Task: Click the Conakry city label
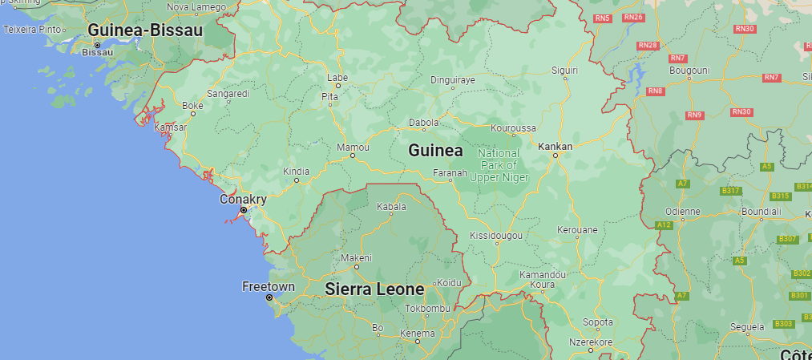tap(243, 199)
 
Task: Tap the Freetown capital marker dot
tap(269, 297)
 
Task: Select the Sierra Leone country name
tap(374, 289)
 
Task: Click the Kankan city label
tap(555, 146)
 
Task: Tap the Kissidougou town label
tap(496, 236)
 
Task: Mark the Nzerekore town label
tap(591, 341)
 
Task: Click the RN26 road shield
tap(633, 18)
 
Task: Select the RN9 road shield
tap(694, 115)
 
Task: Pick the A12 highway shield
tap(664, 225)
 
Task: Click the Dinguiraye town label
tap(453, 79)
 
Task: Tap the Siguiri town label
tap(564, 71)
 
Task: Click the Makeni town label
tap(357, 257)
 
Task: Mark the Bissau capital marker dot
tap(98, 45)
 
